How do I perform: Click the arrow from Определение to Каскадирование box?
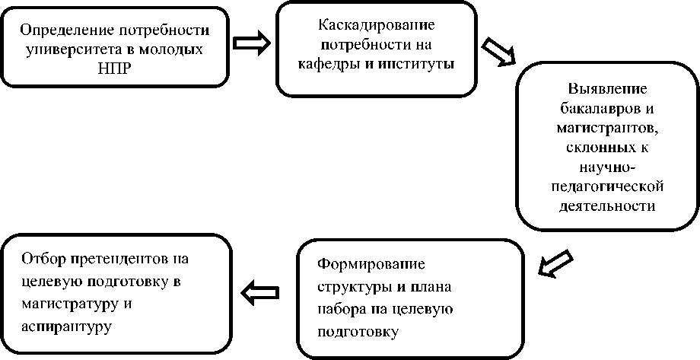pos(251,43)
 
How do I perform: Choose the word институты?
pos(420,63)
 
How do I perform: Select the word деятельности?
pos(606,205)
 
